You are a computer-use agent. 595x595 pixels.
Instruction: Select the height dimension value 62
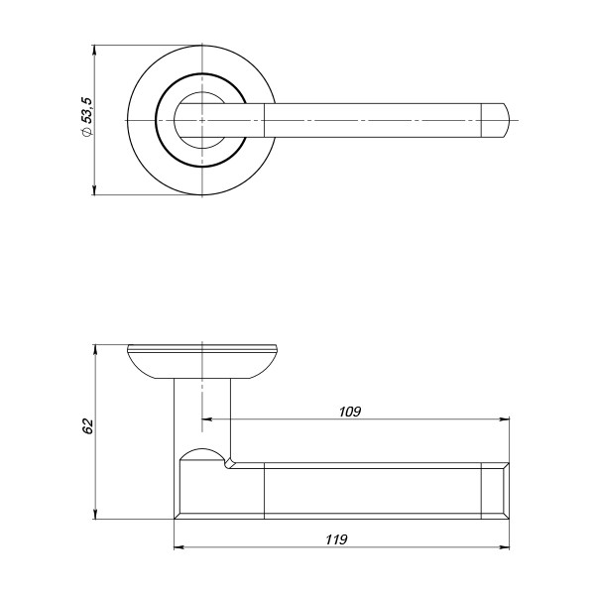click(x=87, y=426)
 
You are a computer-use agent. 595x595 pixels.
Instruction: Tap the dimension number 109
click(x=348, y=411)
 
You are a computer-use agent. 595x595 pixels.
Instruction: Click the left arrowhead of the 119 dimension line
click(x=178, y=546)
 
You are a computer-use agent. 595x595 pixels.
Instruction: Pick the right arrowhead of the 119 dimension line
click(x=505, y=546)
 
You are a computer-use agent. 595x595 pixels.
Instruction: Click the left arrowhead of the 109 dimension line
click(x=207, y=419)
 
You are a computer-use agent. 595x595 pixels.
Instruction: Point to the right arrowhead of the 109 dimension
click(x=505, y=419)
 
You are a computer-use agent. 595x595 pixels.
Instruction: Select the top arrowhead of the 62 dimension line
click(x=94, y=350)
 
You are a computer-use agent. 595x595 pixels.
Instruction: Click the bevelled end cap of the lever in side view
click(x=495, y=490)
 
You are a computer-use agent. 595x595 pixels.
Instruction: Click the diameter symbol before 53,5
click(x=87, y=133)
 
